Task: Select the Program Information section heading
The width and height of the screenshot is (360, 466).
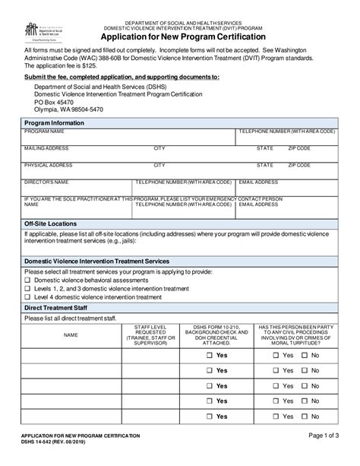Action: [x=54, y=122]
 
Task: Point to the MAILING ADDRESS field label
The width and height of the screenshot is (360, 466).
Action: [x=46, y=148]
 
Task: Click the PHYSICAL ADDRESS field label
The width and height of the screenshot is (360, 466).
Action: [x=48, y=165]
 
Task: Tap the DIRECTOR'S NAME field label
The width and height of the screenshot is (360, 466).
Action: [x=46, y=182]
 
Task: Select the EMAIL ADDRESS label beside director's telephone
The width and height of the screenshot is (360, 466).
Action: [x=258, y=182]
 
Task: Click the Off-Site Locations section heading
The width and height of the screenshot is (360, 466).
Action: [x=50, y=224]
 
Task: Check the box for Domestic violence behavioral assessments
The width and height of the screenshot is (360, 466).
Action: [x=27, y=281]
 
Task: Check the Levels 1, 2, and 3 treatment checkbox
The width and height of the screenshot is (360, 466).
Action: [x=27, y=289]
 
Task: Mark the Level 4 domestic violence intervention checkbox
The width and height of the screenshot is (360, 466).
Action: [x=27, y=297]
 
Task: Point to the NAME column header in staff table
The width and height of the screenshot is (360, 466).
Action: [x=70, y=335]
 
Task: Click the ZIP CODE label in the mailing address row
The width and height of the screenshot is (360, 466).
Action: [x=299, y=148]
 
